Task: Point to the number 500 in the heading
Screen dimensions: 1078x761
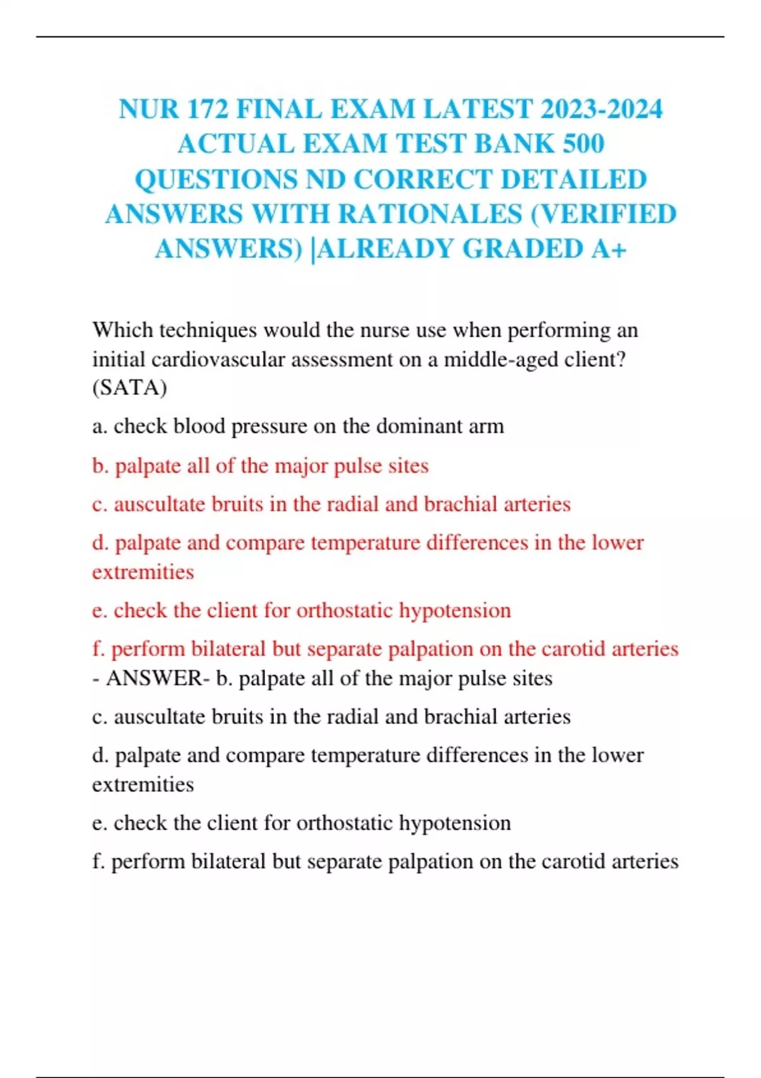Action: click(583, 144)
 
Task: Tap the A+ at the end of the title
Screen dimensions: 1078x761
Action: click(609, 249)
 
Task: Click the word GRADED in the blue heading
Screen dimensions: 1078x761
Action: click(522, 249)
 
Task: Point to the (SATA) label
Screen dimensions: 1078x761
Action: click(129, 387)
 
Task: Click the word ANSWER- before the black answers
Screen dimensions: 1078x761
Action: click(157, 679)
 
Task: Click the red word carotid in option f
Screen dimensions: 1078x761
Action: click(557, 649)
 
